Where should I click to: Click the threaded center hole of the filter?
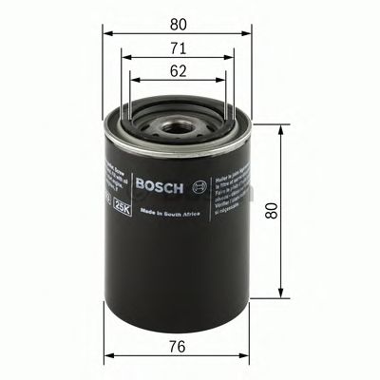point(175,120)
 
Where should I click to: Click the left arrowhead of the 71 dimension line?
point(124,56)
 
